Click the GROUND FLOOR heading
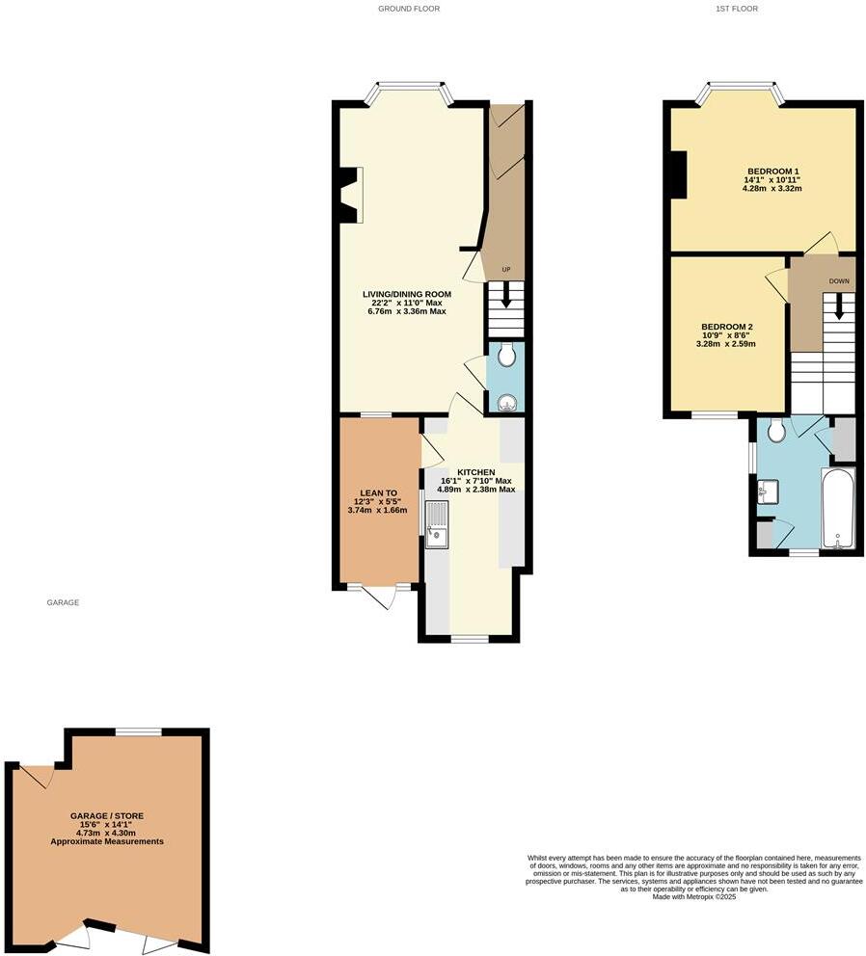click(x=409, y=9)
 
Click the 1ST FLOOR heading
click(x=737, y=9)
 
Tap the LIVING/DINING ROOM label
click(x=406, y=294)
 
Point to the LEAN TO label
click(x=378, y=491)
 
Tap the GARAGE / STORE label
click(x=107, y=816)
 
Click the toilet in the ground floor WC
click(x=505, y=358)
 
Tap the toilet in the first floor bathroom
click(x=776, y=432)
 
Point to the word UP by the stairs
click(x=504, y=269)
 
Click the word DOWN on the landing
click(x=839, y=282)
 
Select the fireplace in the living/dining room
click(x=348, y=194)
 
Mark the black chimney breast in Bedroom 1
click(x=679, y=175)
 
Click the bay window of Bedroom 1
click(x=741, y=93)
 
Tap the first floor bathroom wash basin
click(x=767, y=491)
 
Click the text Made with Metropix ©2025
click(x=693, y=897)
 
